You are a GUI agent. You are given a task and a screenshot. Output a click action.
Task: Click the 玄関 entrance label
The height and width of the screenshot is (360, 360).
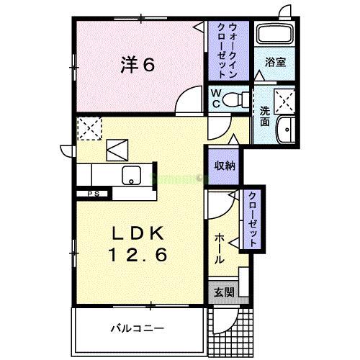point(223,292)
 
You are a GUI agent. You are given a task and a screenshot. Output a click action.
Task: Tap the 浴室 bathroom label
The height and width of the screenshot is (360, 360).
point(276,61)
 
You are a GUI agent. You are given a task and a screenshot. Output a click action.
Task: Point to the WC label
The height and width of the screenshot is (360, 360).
point(215,98)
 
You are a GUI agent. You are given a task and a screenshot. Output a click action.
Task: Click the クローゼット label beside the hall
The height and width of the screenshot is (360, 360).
point(253,219)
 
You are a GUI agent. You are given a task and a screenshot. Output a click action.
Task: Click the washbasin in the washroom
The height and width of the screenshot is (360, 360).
point(286,129)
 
